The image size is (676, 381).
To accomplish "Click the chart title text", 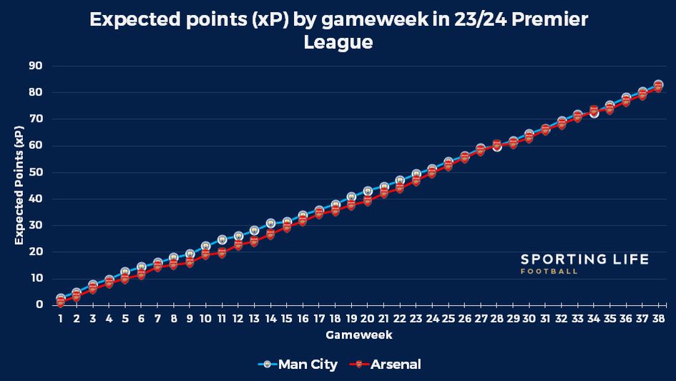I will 338,30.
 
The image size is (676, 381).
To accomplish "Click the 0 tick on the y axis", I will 40,305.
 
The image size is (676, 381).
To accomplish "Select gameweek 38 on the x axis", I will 658,318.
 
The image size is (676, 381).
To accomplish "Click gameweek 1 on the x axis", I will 60,318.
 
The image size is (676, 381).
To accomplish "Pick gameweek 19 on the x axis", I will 351,318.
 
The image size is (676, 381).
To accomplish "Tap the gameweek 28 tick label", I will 496,318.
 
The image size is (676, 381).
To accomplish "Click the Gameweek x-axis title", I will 358,334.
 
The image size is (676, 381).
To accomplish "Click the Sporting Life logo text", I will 584,259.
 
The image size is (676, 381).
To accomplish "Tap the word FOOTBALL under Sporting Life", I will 549,272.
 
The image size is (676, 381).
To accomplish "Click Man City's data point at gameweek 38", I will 658,85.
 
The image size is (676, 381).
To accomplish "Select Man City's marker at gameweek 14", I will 270,223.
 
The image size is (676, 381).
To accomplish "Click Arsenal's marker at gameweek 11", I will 222,253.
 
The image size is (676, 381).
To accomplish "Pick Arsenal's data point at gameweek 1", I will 60,303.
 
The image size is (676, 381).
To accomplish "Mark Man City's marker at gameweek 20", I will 368,191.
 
